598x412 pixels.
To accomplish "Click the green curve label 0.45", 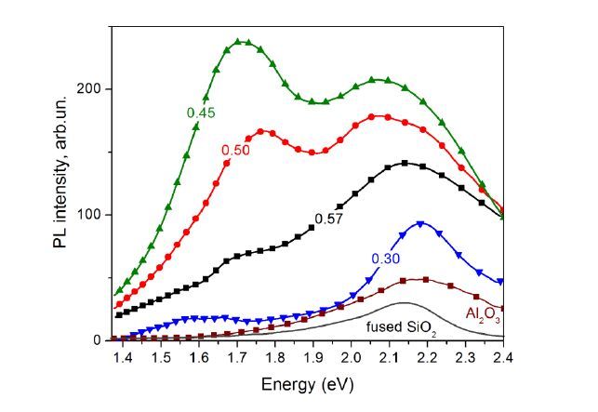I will pos(200,113).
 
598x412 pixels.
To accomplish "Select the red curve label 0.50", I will pos(234,150).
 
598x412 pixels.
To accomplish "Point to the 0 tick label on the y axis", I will pos(99,340).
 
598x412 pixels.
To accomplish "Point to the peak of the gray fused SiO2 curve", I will pos(404,303).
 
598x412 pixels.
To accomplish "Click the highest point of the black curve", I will pos(405,163).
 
